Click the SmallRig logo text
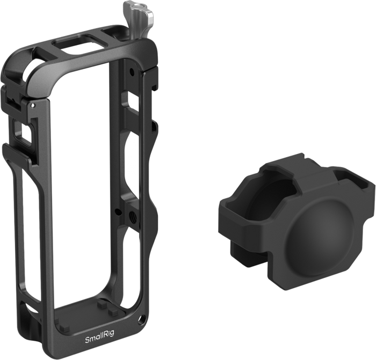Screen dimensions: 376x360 click(100, 333)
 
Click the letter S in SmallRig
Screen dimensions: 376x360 click(87, 333)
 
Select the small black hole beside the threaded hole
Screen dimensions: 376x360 click(117, 211)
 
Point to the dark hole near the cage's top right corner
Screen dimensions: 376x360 click(131, 71)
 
